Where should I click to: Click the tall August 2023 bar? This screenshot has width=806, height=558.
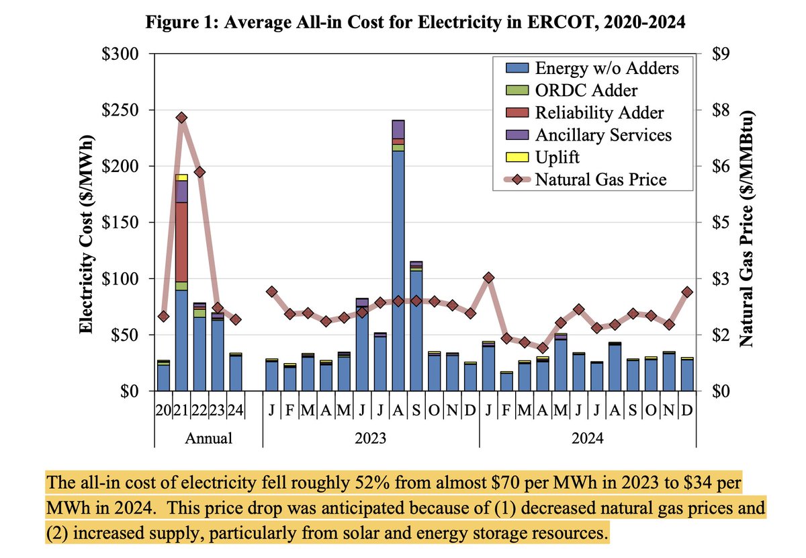[x=398, y=269]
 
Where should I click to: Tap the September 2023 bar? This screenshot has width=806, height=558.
[x=416, y=329]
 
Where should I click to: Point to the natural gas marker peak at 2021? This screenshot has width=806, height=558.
[x=181, y=118]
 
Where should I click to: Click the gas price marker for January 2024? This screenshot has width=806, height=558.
[x=489, y=278]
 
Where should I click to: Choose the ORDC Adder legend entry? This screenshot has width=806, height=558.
[x=586, y=90]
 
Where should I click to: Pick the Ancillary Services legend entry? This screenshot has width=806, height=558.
[x=602, y=134]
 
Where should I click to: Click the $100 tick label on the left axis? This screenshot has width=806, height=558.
[x=122, y=278]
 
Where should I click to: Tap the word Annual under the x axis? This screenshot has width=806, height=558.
[x=209, y=439]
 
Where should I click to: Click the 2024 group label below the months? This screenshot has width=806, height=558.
[x=587, y=439]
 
